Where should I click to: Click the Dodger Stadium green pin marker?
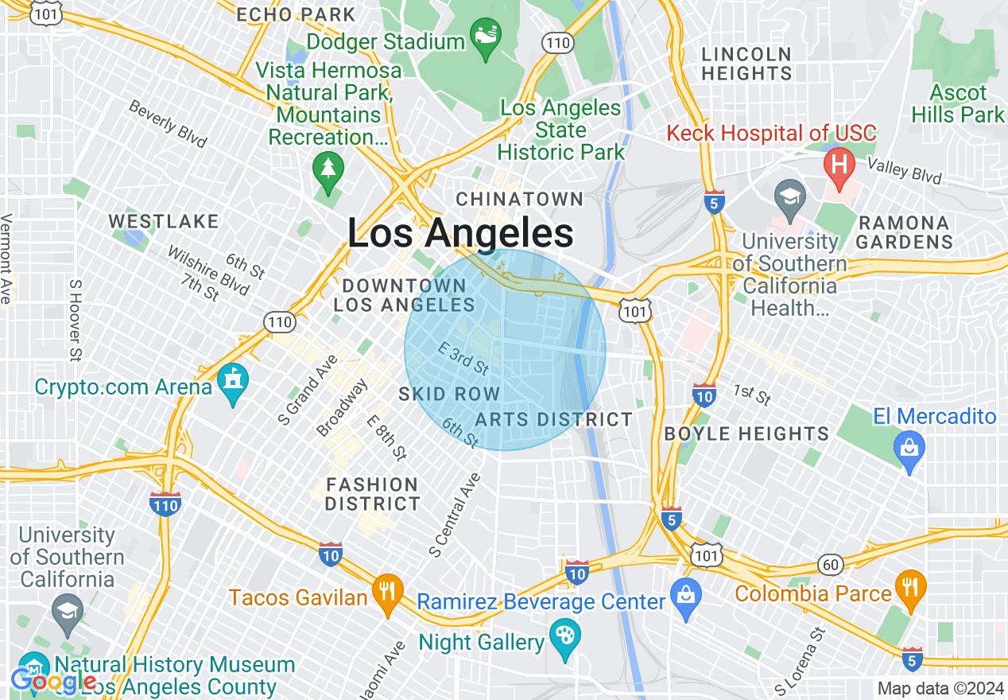(x=485, y=37)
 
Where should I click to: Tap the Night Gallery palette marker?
(x=564, y=637)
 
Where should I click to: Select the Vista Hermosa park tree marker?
(x=327, y=169)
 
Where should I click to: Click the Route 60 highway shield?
(x=830, y=565)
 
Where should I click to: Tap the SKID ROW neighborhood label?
(x=449, y=394)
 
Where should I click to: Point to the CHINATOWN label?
(x=520, y=199)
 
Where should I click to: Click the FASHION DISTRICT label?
(x=372, y=494)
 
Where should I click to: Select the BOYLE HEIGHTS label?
(x=746, y=434)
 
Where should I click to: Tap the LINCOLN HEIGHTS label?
(x=746, y=64)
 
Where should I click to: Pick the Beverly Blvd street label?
(x=168, y=124)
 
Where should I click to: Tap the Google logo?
(x=52, y=682)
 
